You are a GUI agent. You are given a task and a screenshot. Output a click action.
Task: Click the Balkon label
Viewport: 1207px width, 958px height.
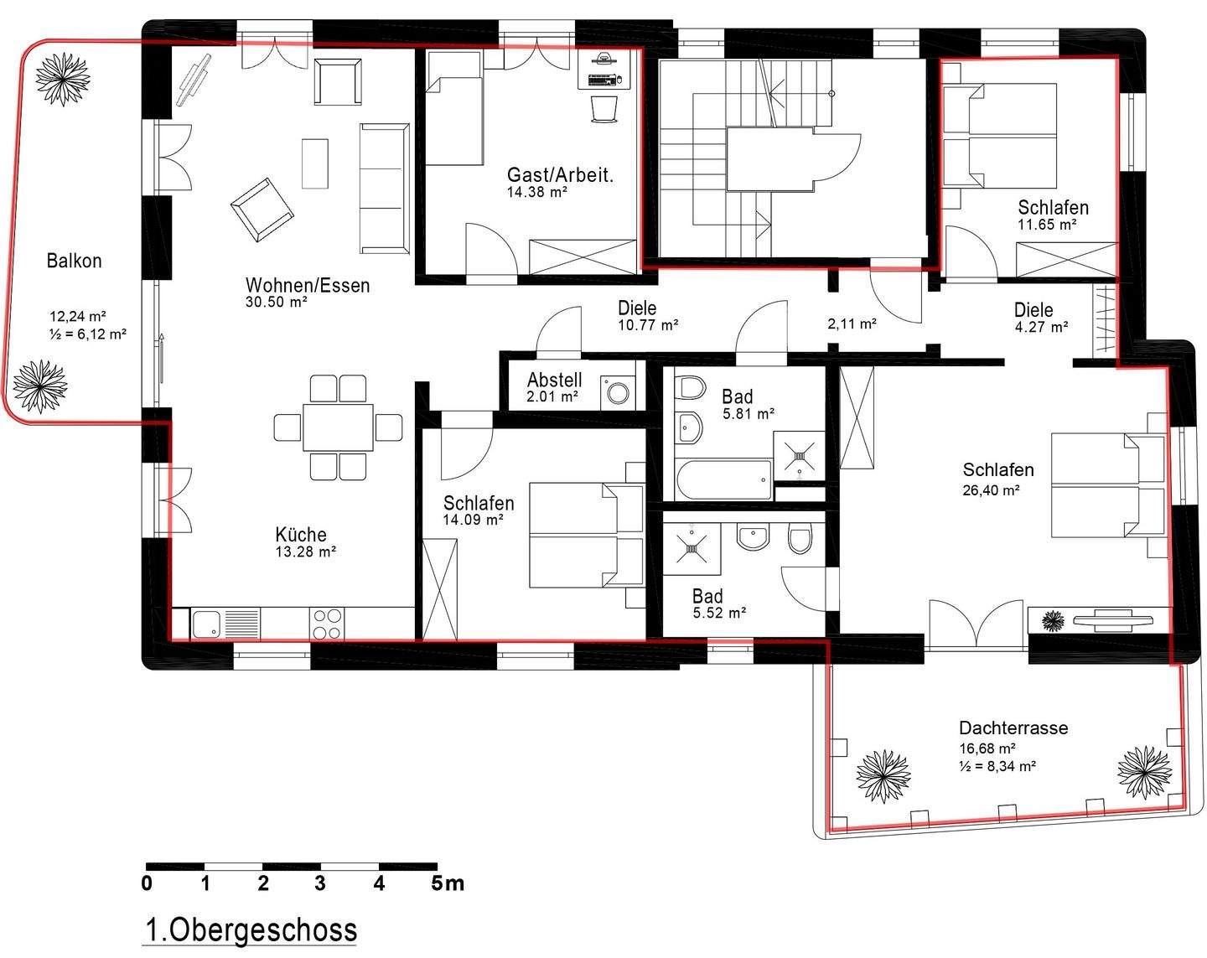(74, 261)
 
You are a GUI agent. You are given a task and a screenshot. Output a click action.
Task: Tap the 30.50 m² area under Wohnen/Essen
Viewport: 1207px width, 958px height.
(276, 302)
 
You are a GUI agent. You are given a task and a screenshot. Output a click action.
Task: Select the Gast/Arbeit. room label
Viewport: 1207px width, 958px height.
(560, 175)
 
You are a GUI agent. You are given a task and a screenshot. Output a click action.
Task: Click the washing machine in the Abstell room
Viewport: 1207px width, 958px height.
(618, 392)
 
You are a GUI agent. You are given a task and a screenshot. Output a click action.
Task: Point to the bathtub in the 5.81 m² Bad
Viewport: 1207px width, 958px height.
(724, 479)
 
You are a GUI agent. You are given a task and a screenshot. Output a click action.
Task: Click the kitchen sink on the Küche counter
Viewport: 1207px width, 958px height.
(206, 624)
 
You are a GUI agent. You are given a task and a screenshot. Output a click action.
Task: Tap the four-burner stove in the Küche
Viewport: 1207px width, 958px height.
(326, 624)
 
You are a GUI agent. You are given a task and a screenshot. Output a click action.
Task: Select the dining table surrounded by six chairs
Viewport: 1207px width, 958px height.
(338, 427)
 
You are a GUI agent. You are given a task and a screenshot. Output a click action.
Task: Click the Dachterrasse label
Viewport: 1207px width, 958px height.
(1013, 728)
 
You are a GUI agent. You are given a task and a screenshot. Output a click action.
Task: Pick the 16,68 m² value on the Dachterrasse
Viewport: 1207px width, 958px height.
(987, 748)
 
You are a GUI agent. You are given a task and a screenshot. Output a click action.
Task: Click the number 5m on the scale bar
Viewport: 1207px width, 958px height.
(447, 884)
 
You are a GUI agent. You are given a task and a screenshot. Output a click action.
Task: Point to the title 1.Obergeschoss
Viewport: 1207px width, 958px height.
(251, 930)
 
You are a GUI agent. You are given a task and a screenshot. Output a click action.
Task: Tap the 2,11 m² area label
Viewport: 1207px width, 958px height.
(852, 324)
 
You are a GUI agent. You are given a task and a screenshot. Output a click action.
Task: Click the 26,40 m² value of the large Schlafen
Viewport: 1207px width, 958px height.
(991, 490)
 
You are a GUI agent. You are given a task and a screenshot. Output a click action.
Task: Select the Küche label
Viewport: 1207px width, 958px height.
(301, 535)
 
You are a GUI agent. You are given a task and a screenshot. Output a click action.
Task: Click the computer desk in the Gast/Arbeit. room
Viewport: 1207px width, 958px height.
(604, 70)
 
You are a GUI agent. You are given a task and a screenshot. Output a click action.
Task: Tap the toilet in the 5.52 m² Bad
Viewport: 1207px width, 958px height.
(800, 538)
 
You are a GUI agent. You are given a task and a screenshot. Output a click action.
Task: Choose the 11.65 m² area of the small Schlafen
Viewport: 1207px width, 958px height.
(1047, 225)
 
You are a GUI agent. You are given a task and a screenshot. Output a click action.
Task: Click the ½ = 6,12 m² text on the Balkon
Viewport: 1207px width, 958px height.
(87, 334)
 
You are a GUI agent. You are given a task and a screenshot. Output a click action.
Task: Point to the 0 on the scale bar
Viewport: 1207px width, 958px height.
(147, 884)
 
